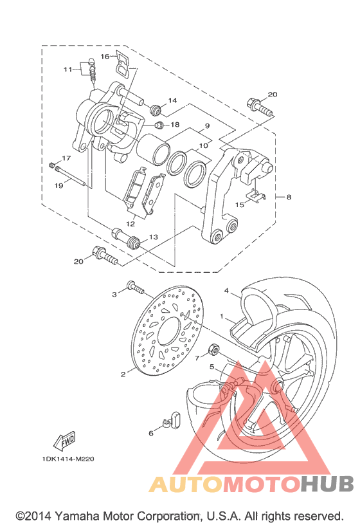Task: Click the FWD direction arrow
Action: (64, 441)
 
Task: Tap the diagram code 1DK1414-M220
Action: (68, 459)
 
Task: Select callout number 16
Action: (105, 56)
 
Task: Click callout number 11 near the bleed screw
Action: (68, 69)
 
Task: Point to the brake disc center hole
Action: (170, 331)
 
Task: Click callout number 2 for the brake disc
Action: (123, 374)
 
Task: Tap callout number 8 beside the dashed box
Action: (289, 197)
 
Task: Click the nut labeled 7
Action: (213, 349)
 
